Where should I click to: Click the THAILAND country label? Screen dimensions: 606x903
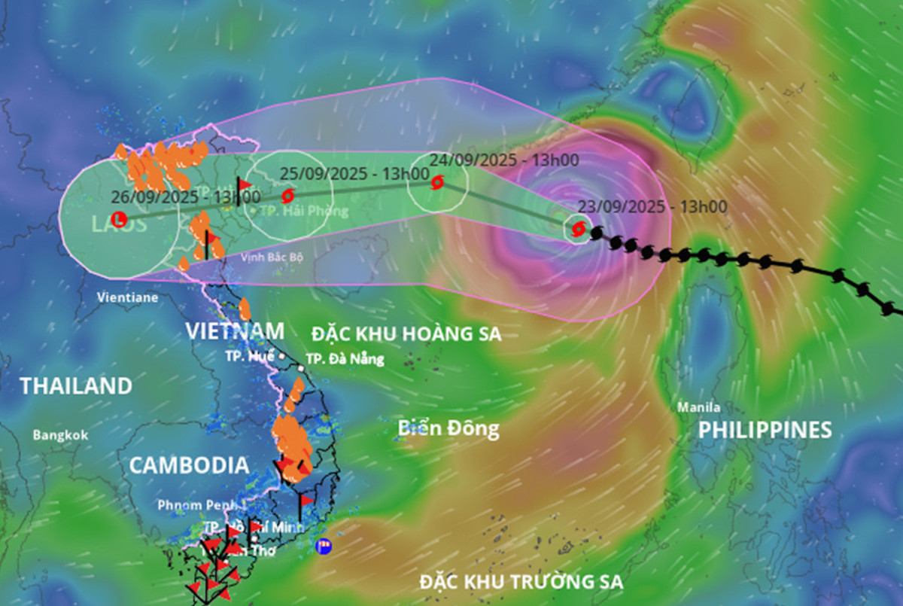click(76, 386)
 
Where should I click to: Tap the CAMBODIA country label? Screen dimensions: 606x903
click(188, 465)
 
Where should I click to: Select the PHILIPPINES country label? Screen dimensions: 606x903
click(765, 430)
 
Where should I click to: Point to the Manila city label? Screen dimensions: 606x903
click(699, 408)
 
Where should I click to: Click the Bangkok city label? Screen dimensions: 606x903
click(60, 435)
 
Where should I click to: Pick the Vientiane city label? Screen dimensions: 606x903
click(127, 297)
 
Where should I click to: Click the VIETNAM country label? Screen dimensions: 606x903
click(235, 330)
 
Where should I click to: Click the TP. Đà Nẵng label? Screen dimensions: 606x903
click(345, 359)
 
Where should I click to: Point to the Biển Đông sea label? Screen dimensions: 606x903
click(448, 428)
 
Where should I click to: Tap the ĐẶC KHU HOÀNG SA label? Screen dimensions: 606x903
click(406, 333)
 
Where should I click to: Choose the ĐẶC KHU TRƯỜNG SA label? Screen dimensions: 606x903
click(522, 582)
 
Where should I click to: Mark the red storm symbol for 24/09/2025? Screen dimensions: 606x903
click(437, 182)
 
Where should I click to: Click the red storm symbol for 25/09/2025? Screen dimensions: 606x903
click(287, 196)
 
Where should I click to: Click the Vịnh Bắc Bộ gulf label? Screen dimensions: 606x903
click(272, 257)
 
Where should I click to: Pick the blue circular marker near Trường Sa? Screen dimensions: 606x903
click(324, 546)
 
